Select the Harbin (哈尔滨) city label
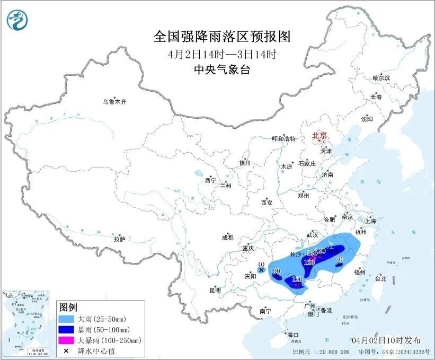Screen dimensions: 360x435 coord(380,78)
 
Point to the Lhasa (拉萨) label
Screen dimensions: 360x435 coord(119,239)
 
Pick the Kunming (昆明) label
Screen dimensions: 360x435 coord(215,290)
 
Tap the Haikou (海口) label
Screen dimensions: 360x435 coord(293,335)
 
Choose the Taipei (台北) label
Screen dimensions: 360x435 coord(380,278)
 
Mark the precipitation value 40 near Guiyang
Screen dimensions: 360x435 coord(261,265)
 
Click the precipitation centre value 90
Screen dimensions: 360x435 coord(276,271)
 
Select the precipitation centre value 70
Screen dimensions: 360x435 coord(340,259)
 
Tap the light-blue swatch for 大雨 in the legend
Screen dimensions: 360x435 coord(66,319)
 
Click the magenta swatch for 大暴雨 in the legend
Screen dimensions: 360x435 coord(66,340)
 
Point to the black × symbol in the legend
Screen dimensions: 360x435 coord(66,350)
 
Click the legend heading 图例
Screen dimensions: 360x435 coord(68,308)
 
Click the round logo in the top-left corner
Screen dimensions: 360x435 coord(17,20)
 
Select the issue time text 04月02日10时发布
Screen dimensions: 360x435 coord(385,340)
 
